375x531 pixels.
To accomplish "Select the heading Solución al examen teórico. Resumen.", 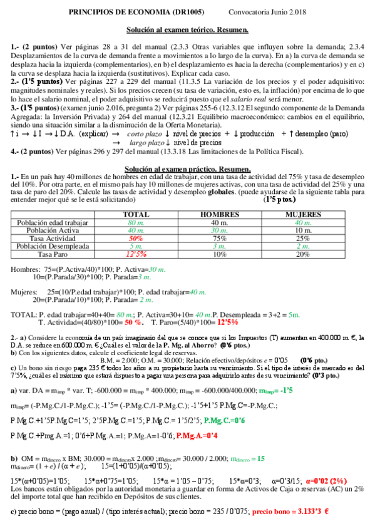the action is pyautogui.click(x=187, y=29).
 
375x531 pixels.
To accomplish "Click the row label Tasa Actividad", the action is pyautogui.click(x=53, y=239).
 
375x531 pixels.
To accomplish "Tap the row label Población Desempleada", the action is pyautogui.click(x=53, y=247).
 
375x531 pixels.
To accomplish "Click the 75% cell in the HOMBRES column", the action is pyautogui.click(x=219, y=239).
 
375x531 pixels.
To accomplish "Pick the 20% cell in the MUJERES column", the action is pyautogui.click(x=303, y=255).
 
